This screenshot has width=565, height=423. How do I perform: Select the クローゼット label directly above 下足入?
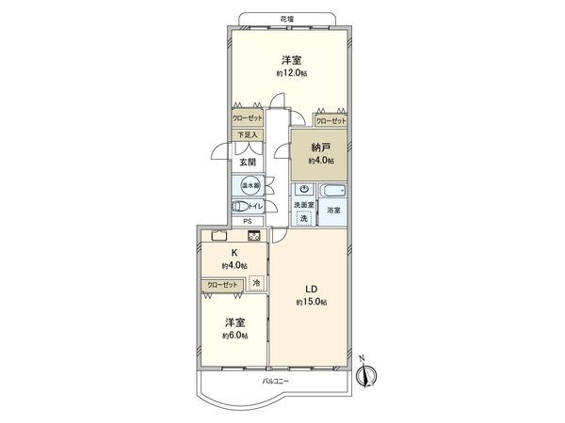point(248,120)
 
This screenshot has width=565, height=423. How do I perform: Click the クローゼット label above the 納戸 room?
point(330,120)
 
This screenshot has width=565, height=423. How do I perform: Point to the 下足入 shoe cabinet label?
point(247,135)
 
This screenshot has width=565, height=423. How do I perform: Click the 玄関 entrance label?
point(246,162)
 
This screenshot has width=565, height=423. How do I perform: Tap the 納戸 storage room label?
point(321,148)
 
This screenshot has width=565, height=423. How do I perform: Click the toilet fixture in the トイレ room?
point(239,206)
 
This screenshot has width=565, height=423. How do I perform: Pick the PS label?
point(248,222)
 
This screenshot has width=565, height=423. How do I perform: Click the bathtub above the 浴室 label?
point(333,191)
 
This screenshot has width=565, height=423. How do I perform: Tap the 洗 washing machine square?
point(303,218)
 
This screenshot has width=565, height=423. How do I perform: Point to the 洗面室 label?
point(303,204)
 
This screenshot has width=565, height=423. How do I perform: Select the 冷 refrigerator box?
point(256,281)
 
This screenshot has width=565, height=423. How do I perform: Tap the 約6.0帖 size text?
point(235,336)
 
